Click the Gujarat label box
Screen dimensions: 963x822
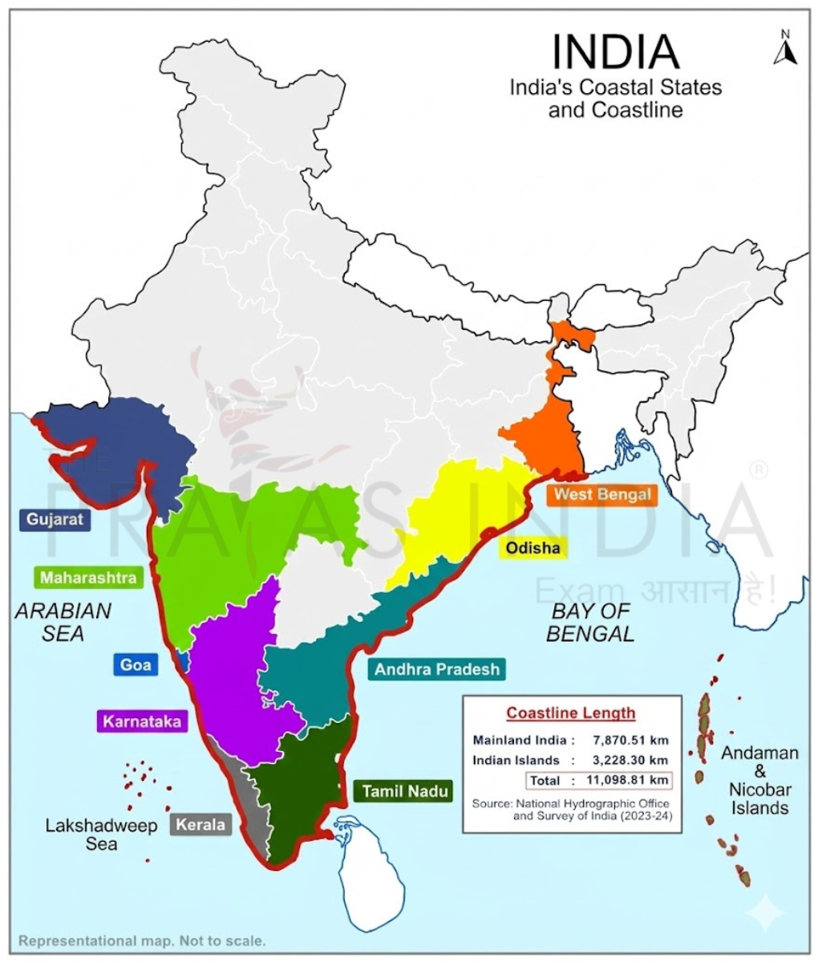pos(55,519)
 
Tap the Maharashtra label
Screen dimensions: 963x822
pos(88,577)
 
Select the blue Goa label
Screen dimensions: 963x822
pos(136,664)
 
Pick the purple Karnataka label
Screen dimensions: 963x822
pos(141,721)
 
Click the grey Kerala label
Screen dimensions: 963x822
pos(200,824)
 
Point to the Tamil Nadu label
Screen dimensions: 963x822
pos(401,791)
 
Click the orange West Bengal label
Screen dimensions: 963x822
pos(601,494)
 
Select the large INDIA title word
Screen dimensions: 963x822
pos(615,51)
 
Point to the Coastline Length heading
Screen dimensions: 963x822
pos(570,713)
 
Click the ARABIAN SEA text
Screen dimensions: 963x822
pos(63,622)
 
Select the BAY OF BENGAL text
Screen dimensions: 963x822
pos(590,622)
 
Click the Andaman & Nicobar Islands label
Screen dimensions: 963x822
pos(759,780)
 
